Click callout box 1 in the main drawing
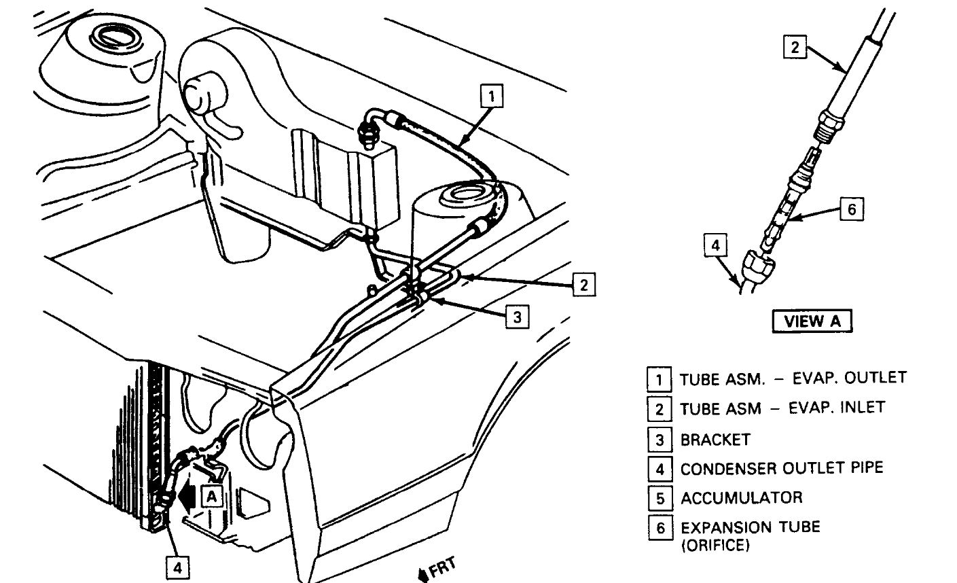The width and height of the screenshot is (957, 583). click(492, 96)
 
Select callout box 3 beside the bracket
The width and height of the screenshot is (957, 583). click(517, 317)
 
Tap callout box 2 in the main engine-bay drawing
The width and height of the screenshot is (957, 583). click(583, 285)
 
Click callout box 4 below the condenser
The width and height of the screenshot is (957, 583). click(177, 567)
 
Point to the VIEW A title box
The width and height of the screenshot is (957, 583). click(812, 321)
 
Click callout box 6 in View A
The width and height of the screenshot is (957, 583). click(852, 209)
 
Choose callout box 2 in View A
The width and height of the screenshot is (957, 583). click(795, 48)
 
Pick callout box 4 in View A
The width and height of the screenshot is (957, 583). click(715, 245)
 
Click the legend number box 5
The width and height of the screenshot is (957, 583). click(659, 498)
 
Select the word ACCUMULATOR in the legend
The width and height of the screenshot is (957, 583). click(741, 497)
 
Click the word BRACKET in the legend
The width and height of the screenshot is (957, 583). click(715, 440)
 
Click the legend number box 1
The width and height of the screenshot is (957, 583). click(659, 378)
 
